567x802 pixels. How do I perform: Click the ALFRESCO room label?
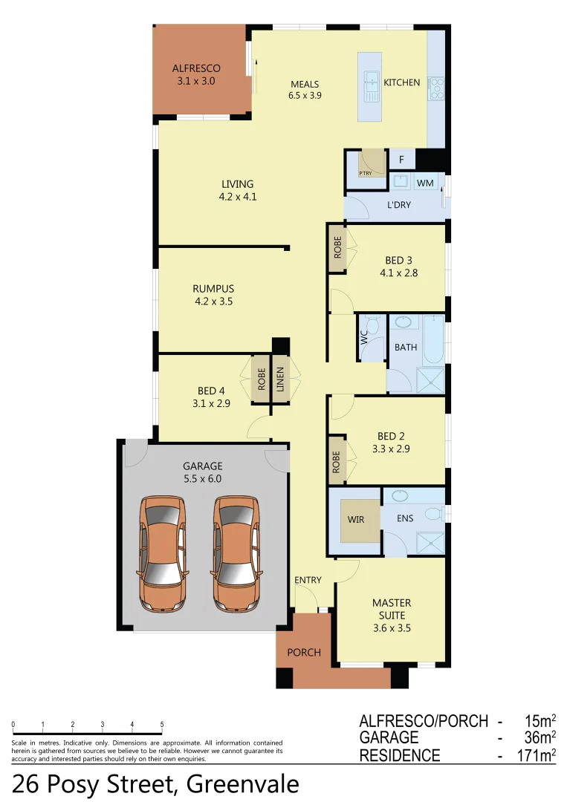tap(196, 68)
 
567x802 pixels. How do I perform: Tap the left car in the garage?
tap(161, 553)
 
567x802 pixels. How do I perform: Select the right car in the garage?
tap(237, 553)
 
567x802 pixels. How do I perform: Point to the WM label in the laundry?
tap(424, 183)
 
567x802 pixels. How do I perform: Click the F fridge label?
tap(402, 160)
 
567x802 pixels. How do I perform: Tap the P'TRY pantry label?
tap(366, 173)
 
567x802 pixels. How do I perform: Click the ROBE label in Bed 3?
tap(337, 247)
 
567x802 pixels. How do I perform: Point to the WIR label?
tap(356, 519)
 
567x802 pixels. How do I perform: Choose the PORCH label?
tap(304, 652)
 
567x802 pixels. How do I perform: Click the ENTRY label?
tap(308, 580)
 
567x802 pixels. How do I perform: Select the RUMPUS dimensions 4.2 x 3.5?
tap(213, 301)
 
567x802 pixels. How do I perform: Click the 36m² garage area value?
tap(537, 738)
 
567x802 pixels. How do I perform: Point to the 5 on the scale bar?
tap(162, 724)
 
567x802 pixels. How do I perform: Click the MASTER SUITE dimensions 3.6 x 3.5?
tap(392, 627)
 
